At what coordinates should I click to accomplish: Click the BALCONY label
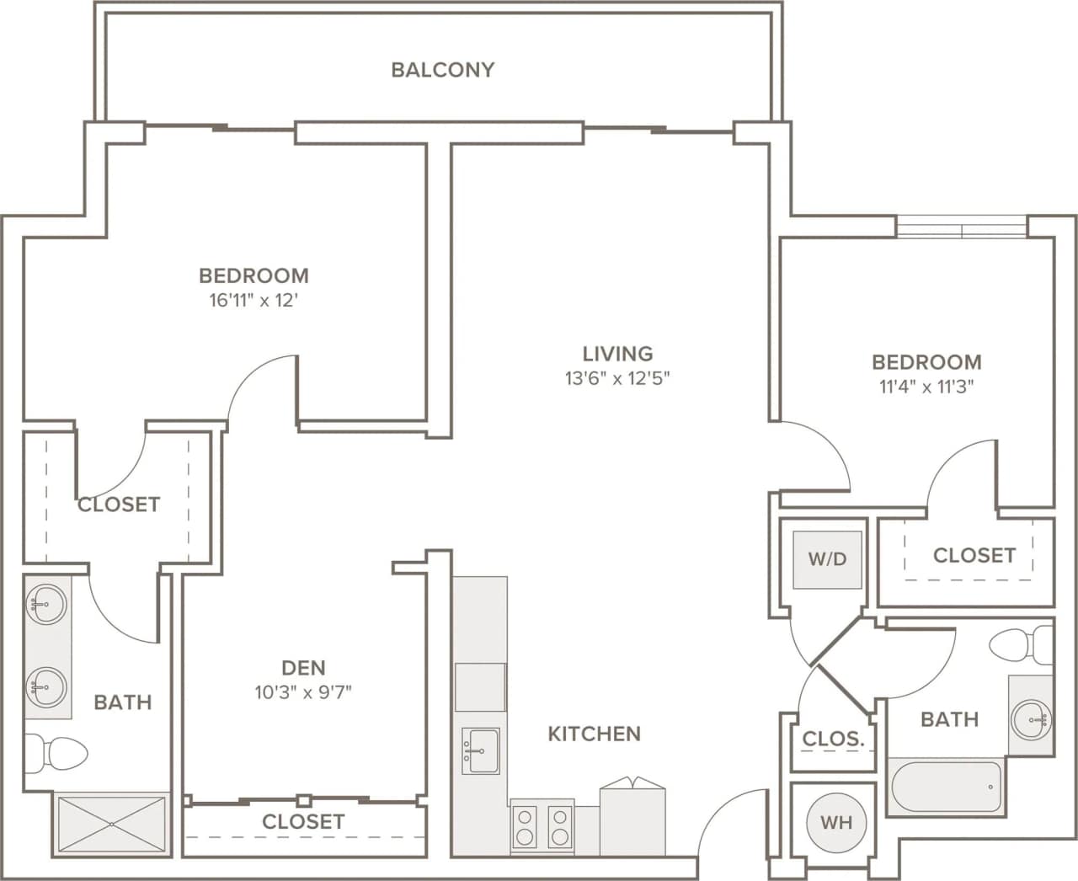[442, 70]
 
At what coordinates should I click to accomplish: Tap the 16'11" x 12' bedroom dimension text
[254, 301]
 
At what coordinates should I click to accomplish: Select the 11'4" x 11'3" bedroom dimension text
[926, 387]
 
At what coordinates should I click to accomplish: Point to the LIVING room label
[617, 354]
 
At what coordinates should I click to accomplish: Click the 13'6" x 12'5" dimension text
[617, 378]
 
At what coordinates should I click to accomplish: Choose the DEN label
[303, 668]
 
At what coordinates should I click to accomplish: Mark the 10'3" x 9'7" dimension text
[303, 692]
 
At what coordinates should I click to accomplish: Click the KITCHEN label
[594, 734]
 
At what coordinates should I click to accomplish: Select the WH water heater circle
[835, 822]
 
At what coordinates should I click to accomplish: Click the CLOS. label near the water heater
[833, 740]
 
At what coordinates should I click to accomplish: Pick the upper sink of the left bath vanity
[45, 604]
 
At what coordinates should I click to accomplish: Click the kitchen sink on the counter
[480, 750]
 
